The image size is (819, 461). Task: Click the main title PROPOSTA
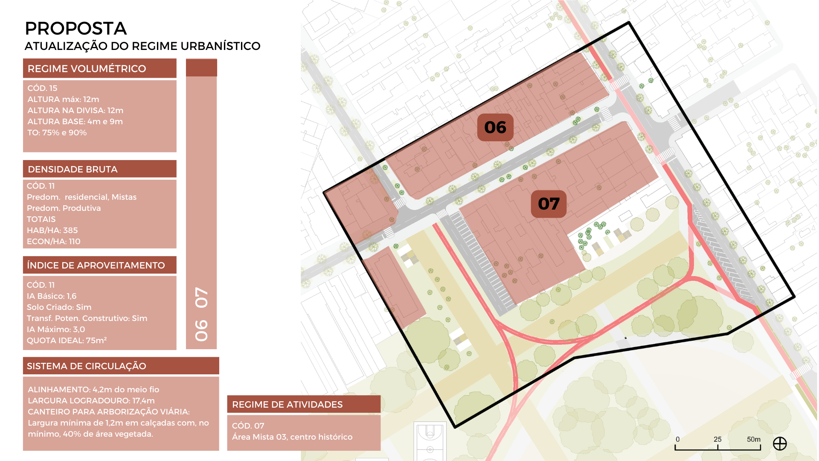(x=76, y=29)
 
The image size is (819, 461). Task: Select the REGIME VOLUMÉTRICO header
(x=87, y=69)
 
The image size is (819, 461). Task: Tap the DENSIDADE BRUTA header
(x=73, y=169)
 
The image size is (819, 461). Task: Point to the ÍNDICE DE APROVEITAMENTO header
(x=96, y=266)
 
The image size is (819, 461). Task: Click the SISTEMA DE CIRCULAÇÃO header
(x=86, y=366)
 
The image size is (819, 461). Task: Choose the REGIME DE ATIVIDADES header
(x=287, y=405)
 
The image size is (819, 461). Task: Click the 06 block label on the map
(x=495, y=127)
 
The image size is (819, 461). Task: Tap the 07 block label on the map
(x=549, y=204)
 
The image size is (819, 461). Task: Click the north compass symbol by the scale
(x=780, y=444)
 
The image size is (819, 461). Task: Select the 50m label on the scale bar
(x=753, y=439)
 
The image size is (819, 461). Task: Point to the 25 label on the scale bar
(x=717, y=439)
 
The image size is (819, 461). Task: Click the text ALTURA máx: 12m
(x=63, y=99)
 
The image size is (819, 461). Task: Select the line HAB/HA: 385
(x=52, y=230)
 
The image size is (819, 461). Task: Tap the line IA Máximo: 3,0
(x=56, y=330)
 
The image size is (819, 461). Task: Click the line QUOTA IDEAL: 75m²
(x=67, y=341)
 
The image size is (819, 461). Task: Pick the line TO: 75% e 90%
(x=57, y=133)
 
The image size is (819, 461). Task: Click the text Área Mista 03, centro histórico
(x=292, y=437)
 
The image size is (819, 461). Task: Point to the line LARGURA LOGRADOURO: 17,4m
(x=91, y=401)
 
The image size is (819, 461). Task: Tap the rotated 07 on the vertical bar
(x=201, y=298)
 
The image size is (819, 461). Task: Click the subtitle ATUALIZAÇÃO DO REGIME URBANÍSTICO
(x=142, y=46)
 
